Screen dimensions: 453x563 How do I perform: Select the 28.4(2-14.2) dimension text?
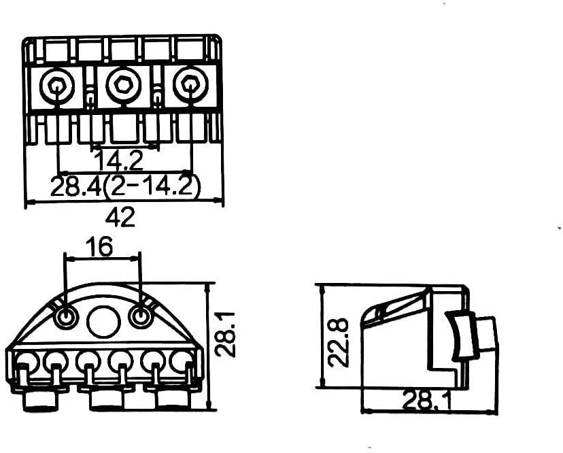125,186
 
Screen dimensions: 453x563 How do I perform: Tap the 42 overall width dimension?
120,218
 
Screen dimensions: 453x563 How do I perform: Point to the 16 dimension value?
100,247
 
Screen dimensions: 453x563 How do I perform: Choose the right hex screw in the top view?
187,86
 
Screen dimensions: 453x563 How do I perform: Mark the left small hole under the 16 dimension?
66,317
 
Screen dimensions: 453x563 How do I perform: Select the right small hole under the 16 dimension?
140,317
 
